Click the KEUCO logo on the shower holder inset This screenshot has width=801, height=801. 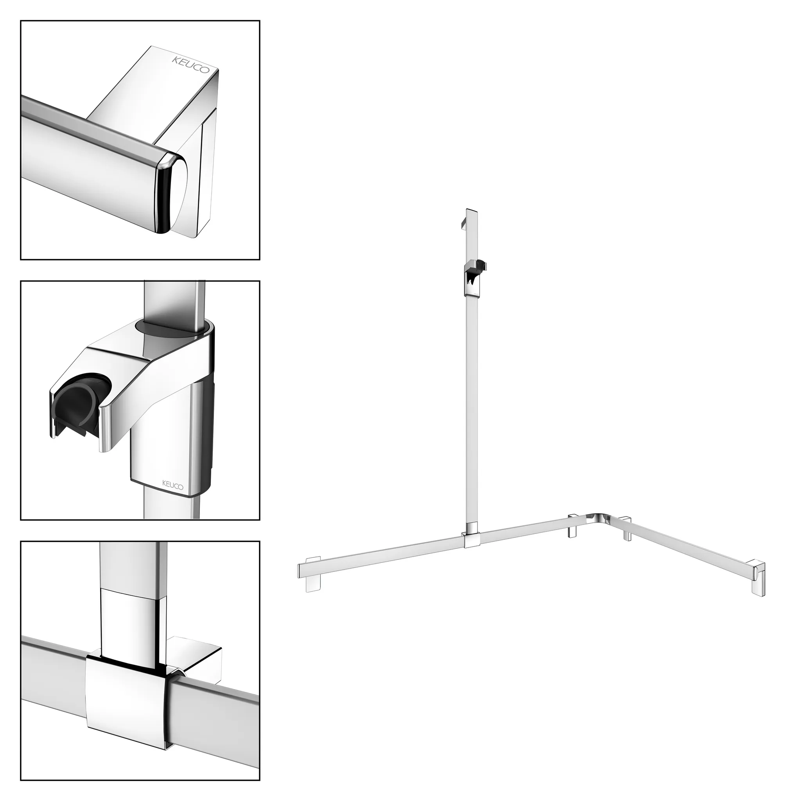[x=172, y=484]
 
